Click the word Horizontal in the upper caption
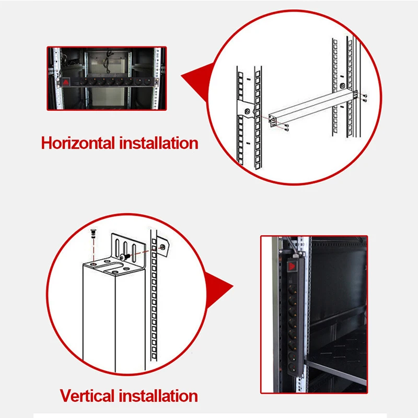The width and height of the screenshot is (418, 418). (x=79, y=142)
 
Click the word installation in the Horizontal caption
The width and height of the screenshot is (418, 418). (x=159, y=142)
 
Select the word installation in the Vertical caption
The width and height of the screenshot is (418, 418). (x=160, y=395)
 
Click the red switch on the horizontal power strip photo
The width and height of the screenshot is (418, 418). (x=67, y=83)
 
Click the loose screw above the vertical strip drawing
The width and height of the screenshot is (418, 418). (x=93, y=233)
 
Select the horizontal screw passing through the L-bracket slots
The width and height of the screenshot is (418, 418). (x=125, y=256)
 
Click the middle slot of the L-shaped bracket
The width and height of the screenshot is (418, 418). (x=126, y=248)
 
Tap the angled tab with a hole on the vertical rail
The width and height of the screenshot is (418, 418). (x=163, y=247)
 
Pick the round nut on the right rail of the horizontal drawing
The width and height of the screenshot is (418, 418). (x=342, y=85)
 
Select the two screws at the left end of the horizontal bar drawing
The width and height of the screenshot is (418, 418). (x=283, y=125)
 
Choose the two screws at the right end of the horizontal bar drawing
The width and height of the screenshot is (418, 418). (x=364, y=97)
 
